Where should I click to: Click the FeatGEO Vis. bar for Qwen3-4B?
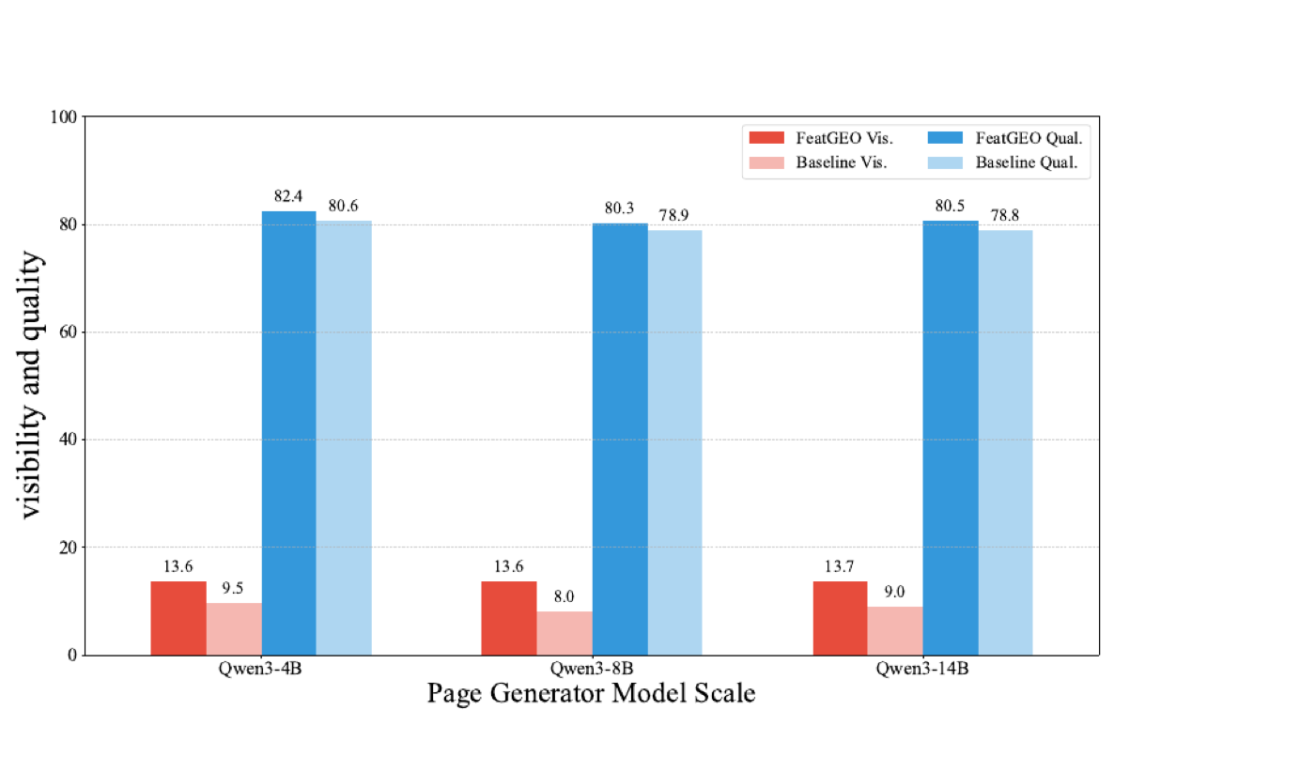(x=178, y=618)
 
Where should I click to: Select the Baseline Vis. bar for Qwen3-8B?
(x=565, y=633)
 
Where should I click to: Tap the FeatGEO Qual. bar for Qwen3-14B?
(x=951, y=438)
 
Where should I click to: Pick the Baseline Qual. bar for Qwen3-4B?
(x=344, y=438)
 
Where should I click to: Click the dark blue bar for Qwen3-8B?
(x=620, y=440)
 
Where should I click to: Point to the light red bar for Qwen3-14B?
(x=895, y=631)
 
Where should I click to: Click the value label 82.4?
(x=288, y=196)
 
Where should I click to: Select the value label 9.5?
(x=233, y=588)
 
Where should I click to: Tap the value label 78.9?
(x=673, y=215)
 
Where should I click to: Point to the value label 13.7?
(x=839, y=566)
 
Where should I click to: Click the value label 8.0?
(x=564, y=596)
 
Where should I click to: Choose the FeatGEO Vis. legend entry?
(x=821, y=138)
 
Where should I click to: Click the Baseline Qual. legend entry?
(x=1003, y=162)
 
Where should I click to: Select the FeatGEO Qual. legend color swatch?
(x=945, y=138)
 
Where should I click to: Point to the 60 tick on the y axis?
(x=68, y=332)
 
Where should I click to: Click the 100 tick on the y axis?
(x=64, y=117)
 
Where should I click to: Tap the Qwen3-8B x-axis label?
(x=592, y=669)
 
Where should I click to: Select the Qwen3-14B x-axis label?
(x=922, y=669)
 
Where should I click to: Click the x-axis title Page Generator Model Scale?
(x=591, y=693)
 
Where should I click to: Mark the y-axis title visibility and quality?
(x=30, y=385)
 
